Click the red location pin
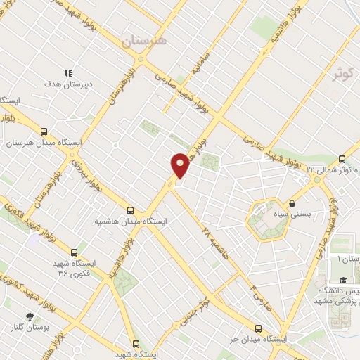click(181, 165)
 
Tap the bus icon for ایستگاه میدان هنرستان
click(44, 131)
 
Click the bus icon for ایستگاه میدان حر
click(258, 328)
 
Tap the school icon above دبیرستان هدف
click(69, 73)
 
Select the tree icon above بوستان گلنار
click(30, 317)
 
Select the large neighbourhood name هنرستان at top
click(143, 40)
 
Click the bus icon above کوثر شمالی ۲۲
click(342, 159)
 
